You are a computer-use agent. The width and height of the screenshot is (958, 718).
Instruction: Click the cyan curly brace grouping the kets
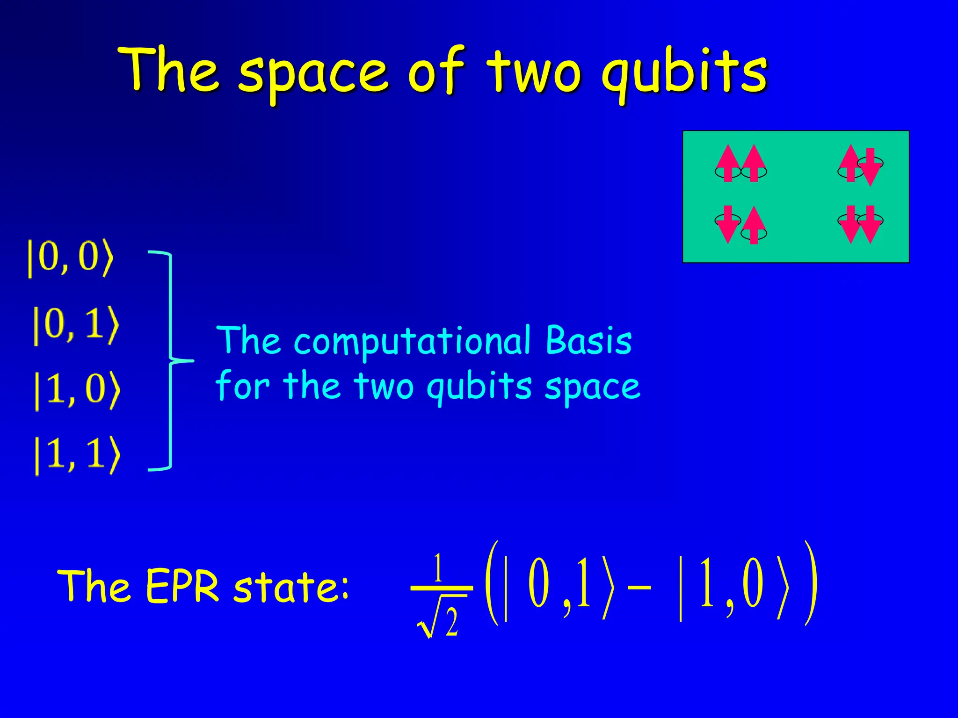tap(171, 360)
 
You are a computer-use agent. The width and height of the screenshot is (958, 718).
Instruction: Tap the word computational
tap(412, 341)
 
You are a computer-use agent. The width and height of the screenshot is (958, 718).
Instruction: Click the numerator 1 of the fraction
tap(438, 567)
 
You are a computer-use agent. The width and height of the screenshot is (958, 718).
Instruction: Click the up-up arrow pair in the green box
tap(740, 164)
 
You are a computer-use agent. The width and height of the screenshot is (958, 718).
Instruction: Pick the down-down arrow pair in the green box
tap(860, 224)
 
